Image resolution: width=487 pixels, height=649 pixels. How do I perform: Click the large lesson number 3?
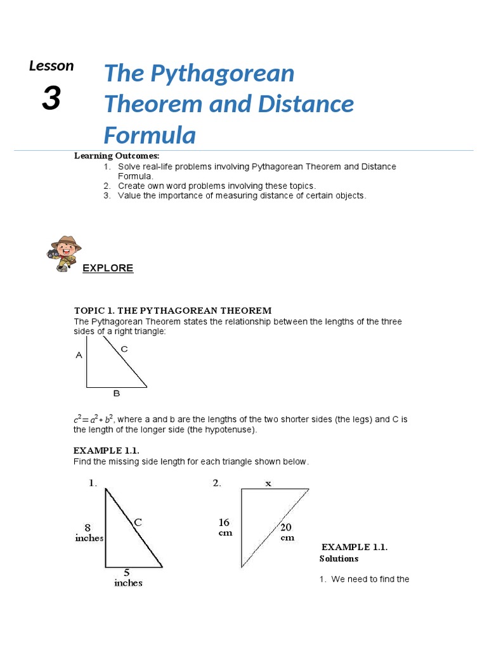click(52, 98)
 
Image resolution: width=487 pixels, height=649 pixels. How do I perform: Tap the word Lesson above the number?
click(51, 66)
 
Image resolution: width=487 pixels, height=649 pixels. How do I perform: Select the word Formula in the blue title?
click(150, 135)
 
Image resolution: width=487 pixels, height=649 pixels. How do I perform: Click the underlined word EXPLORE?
click(108, 268)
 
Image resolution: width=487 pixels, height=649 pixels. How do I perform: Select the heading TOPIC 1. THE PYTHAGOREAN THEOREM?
click(172, 311)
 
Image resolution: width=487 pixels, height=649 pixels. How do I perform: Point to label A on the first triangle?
click(79, 356)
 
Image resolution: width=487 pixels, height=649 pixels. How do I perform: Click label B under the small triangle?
click(116, 394)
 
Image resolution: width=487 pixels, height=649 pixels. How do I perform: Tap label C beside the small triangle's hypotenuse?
click(124, 349)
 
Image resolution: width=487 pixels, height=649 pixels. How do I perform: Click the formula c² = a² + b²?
click(93, 420)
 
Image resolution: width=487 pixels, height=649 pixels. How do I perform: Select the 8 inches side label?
click(89, 532)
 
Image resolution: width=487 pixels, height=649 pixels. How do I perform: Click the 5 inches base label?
click(128, 577)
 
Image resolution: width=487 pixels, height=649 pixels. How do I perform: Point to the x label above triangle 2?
click(268, 484)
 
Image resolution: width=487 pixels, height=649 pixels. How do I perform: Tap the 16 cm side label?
click(224, 527)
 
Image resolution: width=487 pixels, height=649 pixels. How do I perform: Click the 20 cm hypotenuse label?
click(287, 532)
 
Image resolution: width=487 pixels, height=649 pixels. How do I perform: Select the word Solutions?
click(339, 558)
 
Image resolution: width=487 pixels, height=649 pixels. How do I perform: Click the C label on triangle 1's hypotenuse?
click(137, 523)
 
